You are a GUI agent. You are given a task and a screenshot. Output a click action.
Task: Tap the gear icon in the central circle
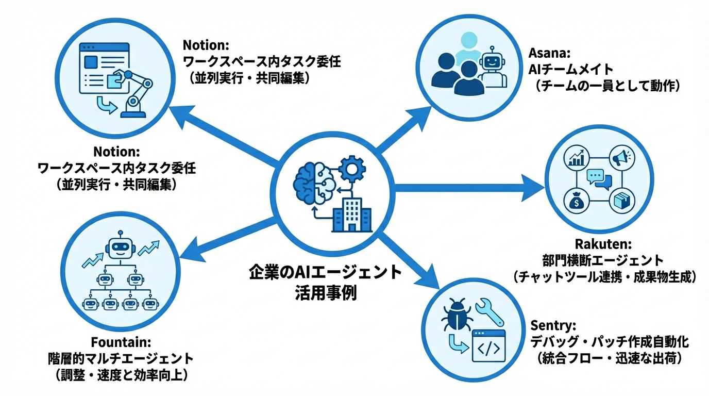[x=353, y=168]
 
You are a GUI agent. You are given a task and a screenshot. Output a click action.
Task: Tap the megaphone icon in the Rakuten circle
[x=618, y=157]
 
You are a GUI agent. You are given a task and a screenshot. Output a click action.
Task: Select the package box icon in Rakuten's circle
[x=618, y=201]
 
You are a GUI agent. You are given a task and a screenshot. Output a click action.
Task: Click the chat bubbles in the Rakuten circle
[x=598, y=179]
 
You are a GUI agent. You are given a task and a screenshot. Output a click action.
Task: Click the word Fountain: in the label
[x=121, y=342]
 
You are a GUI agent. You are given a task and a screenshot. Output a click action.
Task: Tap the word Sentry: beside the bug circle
[x=552, y=326]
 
